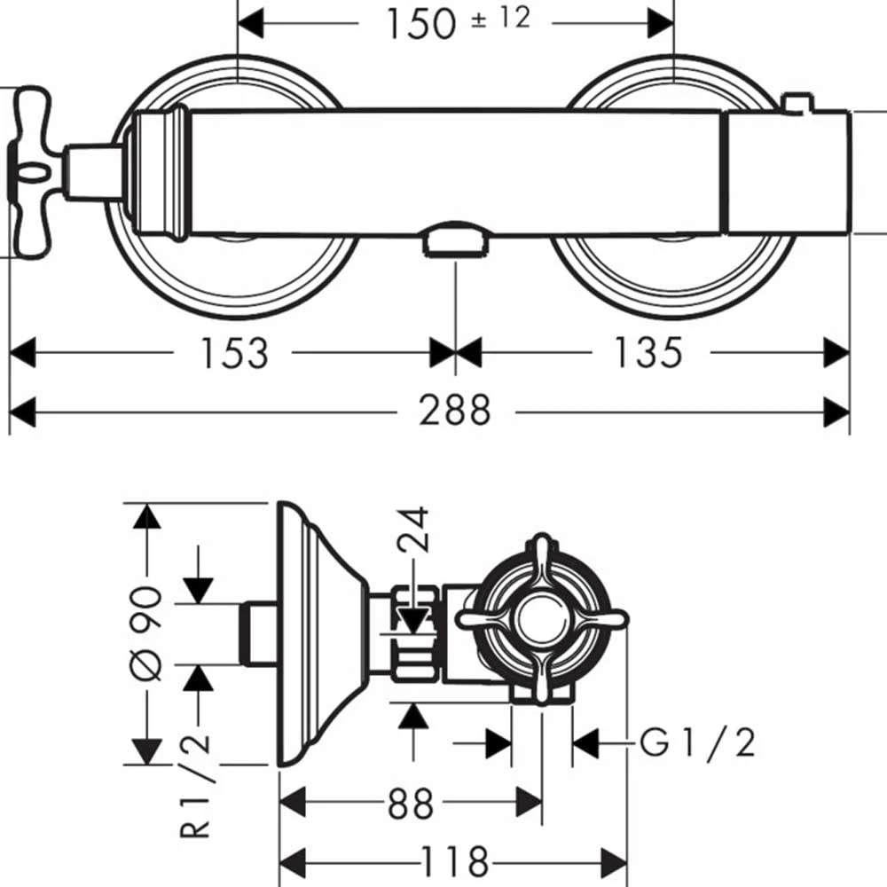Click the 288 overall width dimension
[x=455, y=411]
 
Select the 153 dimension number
[x=232, y=352]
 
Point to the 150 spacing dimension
[x=420, y=23]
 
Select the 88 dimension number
[x=410, y=805]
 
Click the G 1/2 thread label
[x=698, y=743]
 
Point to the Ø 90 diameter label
[x=148, y=632]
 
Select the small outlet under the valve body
[x=456, y=240]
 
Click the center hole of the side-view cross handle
[x=541, y=618]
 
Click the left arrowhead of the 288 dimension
[x=21, y=412]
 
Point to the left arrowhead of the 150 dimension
[x=253, y=24]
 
